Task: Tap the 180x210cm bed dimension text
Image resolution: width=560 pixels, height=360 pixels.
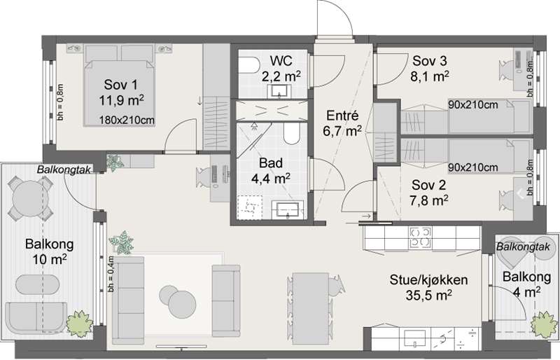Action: (x=127, y=120)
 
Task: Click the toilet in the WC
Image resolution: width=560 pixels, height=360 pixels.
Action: (x=249, y=66)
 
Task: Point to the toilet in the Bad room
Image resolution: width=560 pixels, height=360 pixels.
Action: (x=291, y=134)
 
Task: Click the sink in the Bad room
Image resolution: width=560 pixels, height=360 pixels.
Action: (x=288, y=209)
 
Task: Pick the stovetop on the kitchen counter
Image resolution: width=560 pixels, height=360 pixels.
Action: (x=421, y=237)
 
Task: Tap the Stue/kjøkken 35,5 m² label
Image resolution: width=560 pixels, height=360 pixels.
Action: (x=428, y=287)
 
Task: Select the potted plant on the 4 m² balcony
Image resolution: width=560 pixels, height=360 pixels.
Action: (x=544, y=324)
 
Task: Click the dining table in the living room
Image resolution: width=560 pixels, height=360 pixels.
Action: (x=311, y=308)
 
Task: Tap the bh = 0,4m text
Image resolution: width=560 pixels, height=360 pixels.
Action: (x=111, y=274)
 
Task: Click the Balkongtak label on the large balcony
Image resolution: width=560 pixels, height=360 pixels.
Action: (x=64, y=169)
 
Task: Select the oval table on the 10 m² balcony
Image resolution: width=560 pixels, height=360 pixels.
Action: (x=37, y=284)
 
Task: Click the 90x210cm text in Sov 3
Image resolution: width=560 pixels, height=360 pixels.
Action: (x=473, y=105)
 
